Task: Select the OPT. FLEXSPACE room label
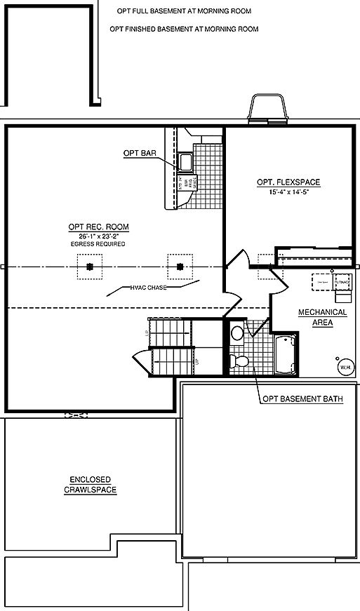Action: [x=288, y=182]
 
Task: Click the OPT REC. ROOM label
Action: [x=98, y=227]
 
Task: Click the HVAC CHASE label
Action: [x=147, y=288]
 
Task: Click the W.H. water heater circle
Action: [x=344, y=367]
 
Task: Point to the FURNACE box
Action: [x=342, y=280]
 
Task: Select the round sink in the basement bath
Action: [x=236, y=332]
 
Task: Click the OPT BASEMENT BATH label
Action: [x=302, y=399]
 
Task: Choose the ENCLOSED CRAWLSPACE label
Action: [x=88, y=485]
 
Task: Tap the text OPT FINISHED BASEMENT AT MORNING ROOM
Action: [x=185, y=29]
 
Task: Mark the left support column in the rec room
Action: [x=90, y=267]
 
